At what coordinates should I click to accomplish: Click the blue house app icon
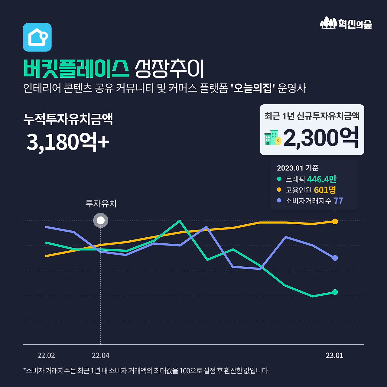(37, 37)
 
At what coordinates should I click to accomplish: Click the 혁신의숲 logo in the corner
(346, 23)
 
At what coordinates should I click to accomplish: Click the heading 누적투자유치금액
(68, 119)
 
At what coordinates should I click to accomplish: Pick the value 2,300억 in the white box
(321, 138)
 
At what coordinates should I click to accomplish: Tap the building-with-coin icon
(272, 138)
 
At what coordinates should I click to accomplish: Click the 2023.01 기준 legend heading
(298, 168)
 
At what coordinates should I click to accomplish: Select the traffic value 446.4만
(322, 179)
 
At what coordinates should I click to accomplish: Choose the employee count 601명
(325, 190)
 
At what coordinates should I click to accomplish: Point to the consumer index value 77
(338, 201)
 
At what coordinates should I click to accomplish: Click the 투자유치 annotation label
(101, 203)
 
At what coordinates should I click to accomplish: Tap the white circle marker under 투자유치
(101, 220)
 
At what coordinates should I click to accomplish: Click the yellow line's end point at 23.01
(335, 222)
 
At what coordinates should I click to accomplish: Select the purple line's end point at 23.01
(335, 258)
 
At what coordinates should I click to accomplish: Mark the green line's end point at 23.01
(335, 292)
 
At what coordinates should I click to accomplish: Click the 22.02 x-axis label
(46, 356)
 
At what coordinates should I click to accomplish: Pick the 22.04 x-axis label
(101, 356)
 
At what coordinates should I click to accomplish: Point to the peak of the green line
(180, 221)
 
